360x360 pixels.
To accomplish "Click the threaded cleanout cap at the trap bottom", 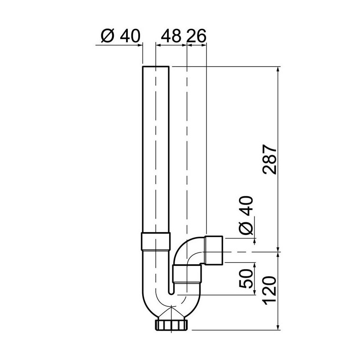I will pos(173,325).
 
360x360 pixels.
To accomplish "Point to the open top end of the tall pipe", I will pos(156,67).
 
